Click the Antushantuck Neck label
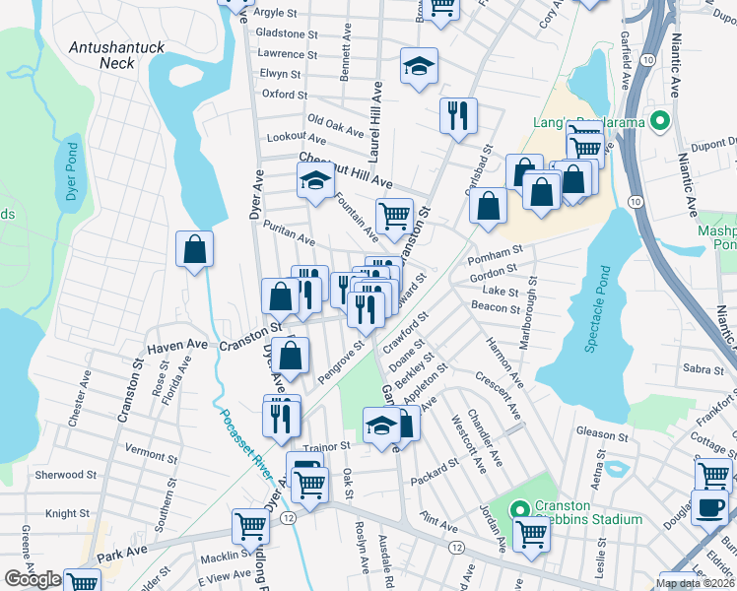(x=110, y=54)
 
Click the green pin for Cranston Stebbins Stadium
(x=520, y=509)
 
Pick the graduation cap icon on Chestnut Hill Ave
(x=315, y=180)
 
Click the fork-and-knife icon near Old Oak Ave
(x=458, y=115)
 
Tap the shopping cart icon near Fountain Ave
(x=394, y=215)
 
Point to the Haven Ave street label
(x=177, y=347)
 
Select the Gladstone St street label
(x=287, y=33)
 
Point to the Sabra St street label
(x=703, y=368)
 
